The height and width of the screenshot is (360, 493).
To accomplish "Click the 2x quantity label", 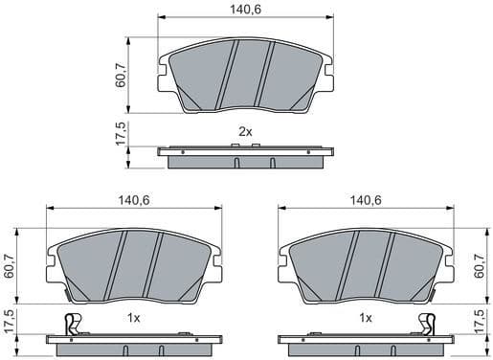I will click(x=245, y=131).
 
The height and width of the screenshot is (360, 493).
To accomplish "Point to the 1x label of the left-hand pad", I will click(x=134, y=317).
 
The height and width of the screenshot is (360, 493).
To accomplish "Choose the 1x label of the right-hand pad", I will click(x=365, y=317).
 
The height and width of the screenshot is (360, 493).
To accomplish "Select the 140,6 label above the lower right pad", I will click(x=366, y=199).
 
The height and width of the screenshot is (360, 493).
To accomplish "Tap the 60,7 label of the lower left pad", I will click(x=10, y=262).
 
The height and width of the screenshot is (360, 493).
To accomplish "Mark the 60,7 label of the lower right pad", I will click(x=481, y=262).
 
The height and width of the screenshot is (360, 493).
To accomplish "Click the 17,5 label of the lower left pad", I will click(x=10, y=325).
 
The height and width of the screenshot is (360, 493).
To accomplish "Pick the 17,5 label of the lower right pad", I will click(x=481, y=325).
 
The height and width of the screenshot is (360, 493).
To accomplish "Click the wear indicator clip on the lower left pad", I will click(x=68, y=325).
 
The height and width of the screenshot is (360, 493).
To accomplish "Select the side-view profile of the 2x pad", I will click(x=245, y=156).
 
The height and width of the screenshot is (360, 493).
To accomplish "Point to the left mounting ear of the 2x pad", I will click(x=163, y=74).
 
